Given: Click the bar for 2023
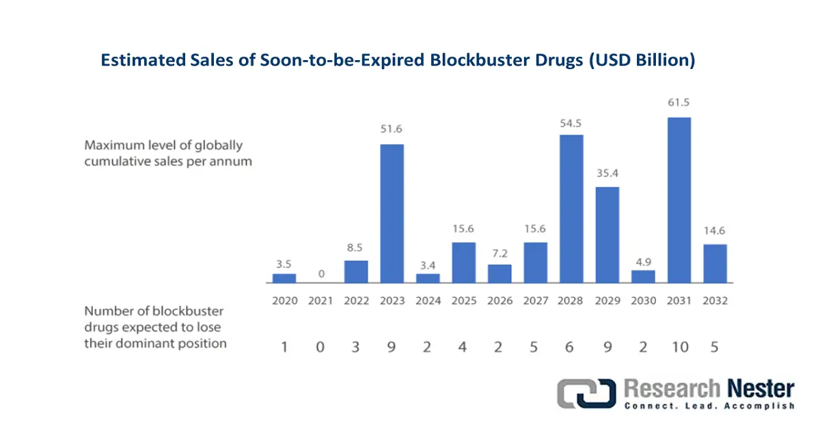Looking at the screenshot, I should pyautogui.click(x=392, y=213).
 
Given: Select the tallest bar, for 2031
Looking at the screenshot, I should pyautogui.click(x=679, y=200).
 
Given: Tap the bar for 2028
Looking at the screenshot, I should pyautogui.click(x=571, y=208).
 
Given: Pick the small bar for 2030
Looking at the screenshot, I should pyautogui.click(x=643, y=277).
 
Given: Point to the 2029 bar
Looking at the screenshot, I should pyautogui.click(x=607, y=234).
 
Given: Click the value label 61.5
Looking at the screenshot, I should pyautogui.click(x=679, y=102).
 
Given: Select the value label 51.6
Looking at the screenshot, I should pyautogui.click(x=392, y=130).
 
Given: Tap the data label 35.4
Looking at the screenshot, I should pyautogui.click(x=607, y=172).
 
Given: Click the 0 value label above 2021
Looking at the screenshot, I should pyautogui.click(x=320, y=275).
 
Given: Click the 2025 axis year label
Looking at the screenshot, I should pyautogui.click(x=463, y=301).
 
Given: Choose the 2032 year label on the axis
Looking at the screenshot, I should pyautogui.click(x=714, y=301).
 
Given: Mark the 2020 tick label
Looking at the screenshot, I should pyautogui.click(x=284, y=301).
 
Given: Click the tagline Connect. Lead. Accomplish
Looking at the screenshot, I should pyautogui.click(x=709, y=406).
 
